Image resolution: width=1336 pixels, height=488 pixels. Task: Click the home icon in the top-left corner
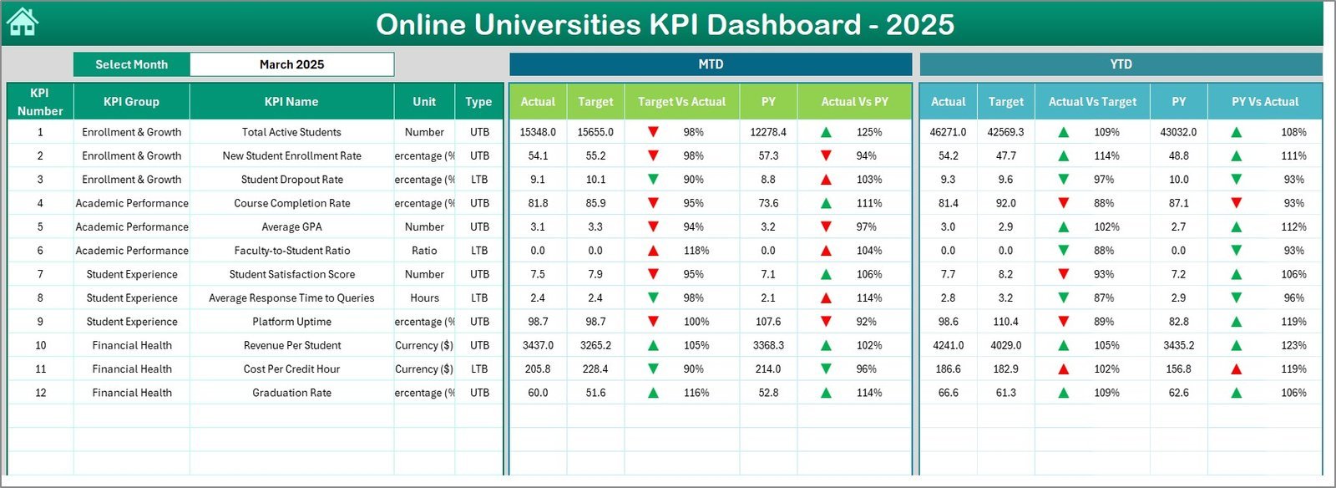tap(23, 23)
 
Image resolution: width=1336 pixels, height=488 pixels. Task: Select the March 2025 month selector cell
tap(291, 64)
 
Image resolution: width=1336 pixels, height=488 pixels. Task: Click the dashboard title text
tap(665, 24)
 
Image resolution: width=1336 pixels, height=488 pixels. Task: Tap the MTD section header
tap(711, 64)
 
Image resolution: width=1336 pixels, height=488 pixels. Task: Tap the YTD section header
tap(1121, 64)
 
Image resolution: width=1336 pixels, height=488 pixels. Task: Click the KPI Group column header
tap(131, 102)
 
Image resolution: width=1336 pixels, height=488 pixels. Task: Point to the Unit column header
tap(424, 102)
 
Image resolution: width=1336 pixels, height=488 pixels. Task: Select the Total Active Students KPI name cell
tap(291, 132)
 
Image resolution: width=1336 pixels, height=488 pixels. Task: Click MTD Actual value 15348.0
tap(538, 132)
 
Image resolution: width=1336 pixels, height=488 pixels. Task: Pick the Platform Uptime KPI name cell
tap(291, 322)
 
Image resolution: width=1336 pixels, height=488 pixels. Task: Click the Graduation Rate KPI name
tap(291, 393)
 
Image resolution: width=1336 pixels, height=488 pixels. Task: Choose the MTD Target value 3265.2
tap(595, 345)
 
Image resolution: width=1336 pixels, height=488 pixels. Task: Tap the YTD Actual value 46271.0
tap(948, 132)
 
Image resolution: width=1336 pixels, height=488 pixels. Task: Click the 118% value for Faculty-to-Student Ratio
tap(696, 251)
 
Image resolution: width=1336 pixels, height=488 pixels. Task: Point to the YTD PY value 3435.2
tap(1178, 345)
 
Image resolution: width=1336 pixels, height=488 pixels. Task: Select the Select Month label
tap(131, 64)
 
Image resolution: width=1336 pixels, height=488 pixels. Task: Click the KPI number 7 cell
tap(40, 274)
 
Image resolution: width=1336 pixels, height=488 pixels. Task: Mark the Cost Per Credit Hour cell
tap(291, 369)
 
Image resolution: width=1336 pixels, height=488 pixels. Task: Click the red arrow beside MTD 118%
tap(653, 251)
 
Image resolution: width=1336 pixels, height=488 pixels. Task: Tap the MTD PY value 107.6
tap(768, 322)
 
